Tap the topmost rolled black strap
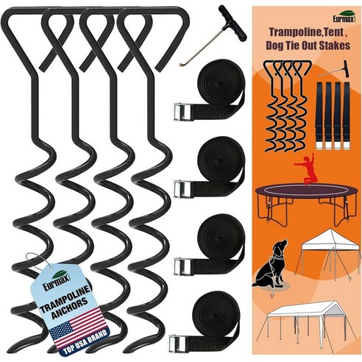click(x=221, y=88)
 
